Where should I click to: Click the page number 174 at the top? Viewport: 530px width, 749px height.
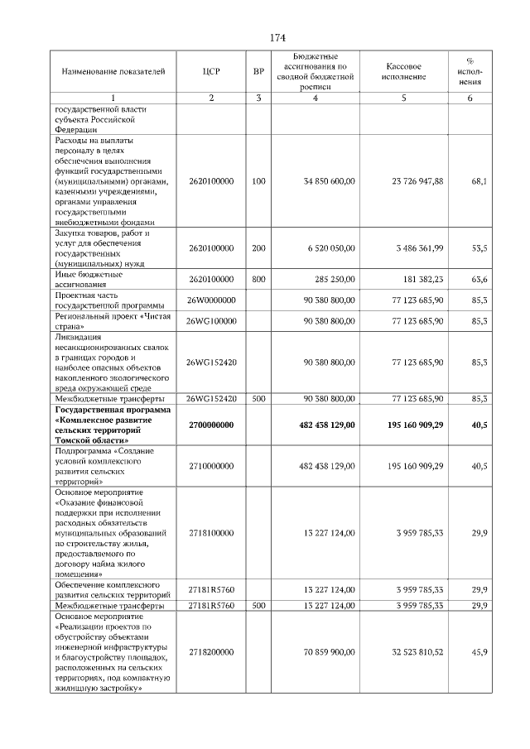pos(277,38)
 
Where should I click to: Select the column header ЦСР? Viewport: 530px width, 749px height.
pos(211,72)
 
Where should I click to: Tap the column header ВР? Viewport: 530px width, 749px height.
pos(258,72)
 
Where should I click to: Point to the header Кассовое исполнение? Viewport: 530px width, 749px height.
pos(406,71)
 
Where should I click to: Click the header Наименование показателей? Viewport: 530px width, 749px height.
pos(108,72)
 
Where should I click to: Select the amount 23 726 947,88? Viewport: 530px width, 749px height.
pos(417,180)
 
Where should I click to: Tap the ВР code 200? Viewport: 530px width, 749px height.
pos(258,248)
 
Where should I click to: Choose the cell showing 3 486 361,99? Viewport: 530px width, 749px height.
pos(417,248)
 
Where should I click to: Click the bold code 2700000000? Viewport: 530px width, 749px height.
pos(211,425)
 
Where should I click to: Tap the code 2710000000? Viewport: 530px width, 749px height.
pos(211,466)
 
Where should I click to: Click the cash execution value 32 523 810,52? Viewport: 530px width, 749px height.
pos(417,652)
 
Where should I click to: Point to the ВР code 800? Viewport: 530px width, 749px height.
pos(258,280)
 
